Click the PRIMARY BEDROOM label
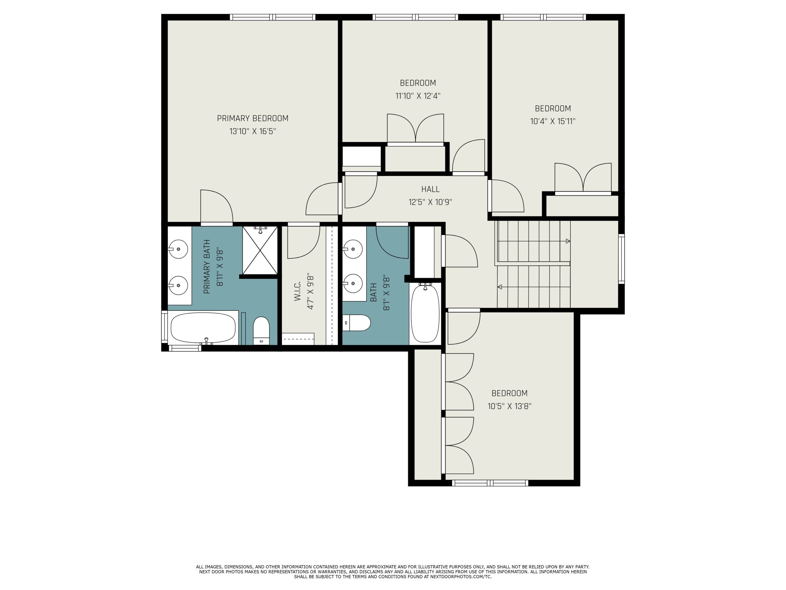253,118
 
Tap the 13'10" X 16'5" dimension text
253,131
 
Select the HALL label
430,189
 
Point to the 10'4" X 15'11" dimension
553,121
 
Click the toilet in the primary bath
262,330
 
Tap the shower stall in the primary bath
260,250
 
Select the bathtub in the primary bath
203,328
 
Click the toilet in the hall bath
356,323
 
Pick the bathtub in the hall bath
425,313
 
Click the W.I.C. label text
298,291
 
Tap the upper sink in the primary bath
178,249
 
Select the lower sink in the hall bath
353,283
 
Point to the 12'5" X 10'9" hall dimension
430,202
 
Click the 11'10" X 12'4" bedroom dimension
418,96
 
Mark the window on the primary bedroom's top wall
273,17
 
